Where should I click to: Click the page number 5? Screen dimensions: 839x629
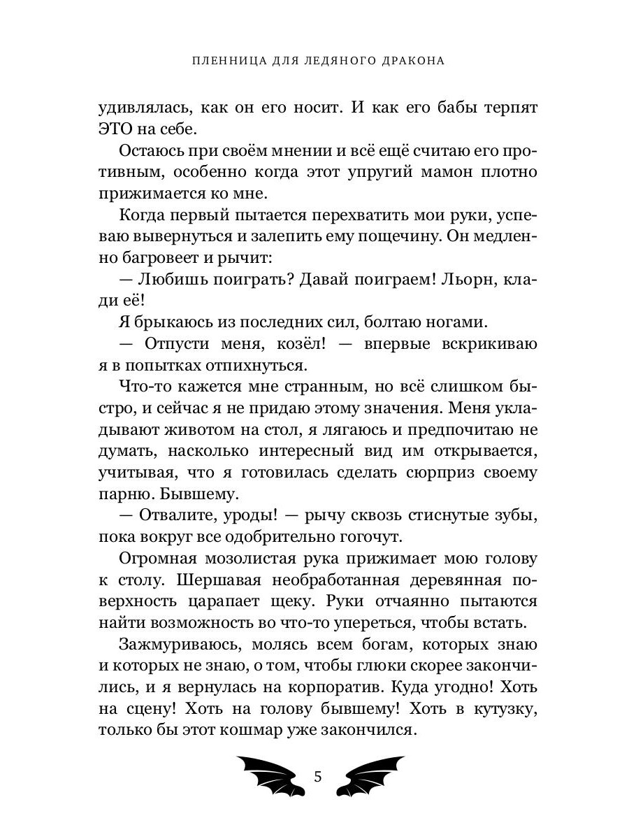[319, 777]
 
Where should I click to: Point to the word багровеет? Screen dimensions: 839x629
[161, 259]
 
